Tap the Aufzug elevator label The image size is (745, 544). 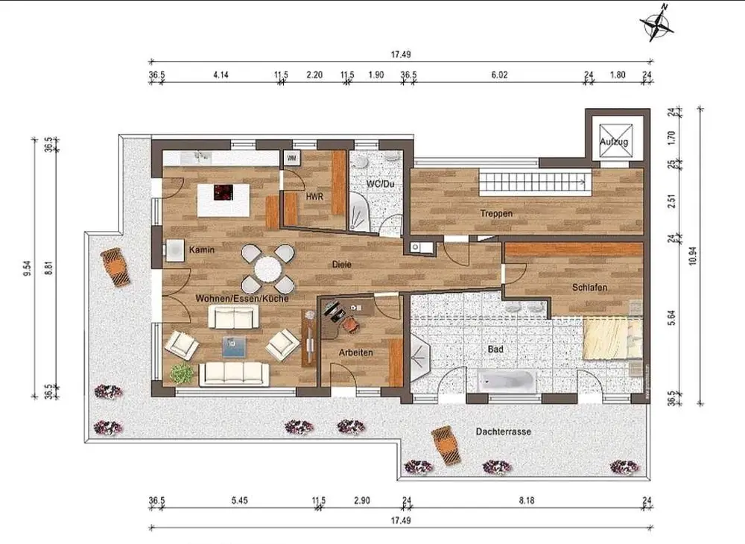pos(614,142)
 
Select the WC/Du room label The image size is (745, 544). pos(380,184)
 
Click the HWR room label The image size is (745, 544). pos(314,196)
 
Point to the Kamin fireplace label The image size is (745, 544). pos(202,250)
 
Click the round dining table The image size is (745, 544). pos(267,270)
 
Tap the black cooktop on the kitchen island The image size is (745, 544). pos(223,192)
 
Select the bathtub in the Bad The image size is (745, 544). pos(507,381)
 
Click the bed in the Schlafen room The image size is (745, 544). pos(613,339)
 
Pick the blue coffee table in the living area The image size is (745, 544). pos(235,347)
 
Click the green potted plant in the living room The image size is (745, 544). pos(182,373)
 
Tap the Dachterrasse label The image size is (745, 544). pos(503,432)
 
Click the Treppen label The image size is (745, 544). pos(496,213)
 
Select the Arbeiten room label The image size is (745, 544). pos(355,352)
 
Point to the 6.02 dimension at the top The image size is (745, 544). pos(499,75)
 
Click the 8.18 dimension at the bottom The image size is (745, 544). pos(527,500)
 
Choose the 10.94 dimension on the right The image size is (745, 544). pos(692,256)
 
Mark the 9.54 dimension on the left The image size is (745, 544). pos(27,268)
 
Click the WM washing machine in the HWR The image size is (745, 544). pos(292,158)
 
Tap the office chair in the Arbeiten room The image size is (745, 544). pos(349,323)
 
